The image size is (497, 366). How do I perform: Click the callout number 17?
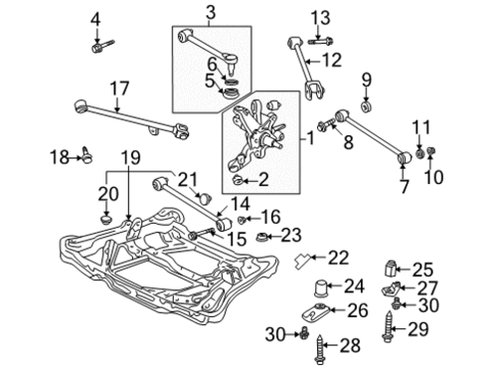[x=119, y=89]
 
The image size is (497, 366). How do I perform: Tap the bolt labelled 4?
[x=102, y=47]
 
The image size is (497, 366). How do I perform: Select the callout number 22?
[x=338, y=258]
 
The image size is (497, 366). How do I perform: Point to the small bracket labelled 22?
[x=302, y=259]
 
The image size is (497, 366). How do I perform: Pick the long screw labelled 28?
[x=319, y=349]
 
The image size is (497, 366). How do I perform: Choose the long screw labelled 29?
[x=388, y=327]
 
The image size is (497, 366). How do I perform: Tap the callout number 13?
[x=320, y=18]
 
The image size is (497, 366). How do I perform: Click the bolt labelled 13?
[x=320, y=42]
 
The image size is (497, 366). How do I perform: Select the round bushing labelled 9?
[x=367, y=107]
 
